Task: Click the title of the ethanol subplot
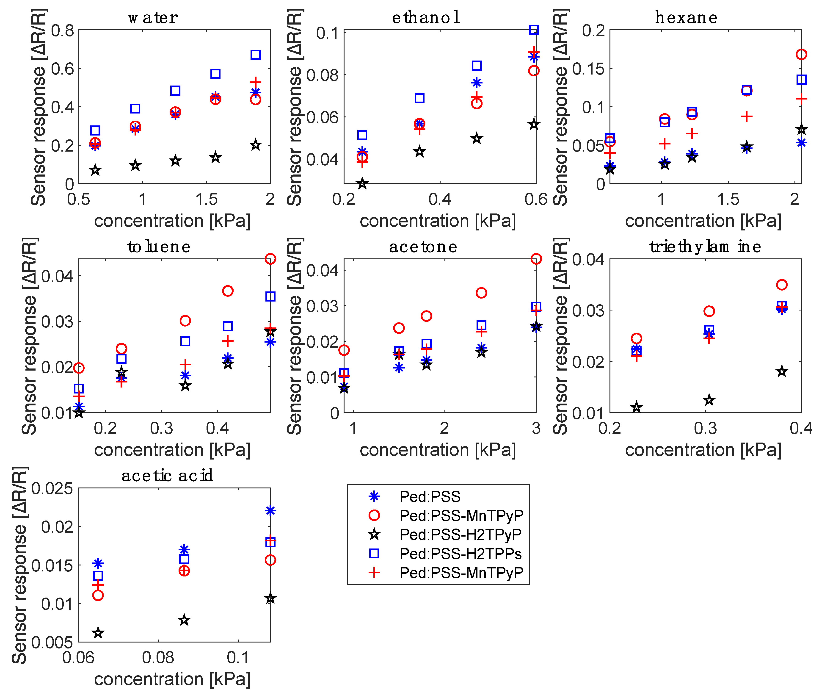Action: [426, 18]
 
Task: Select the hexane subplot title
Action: [686, 18]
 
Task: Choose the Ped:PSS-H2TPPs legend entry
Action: [460, 554]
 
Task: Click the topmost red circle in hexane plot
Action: [801, 55]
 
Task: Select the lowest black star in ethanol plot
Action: [362, 183]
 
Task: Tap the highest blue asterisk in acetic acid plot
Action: [270, 511]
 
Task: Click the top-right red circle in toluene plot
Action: [270, 259]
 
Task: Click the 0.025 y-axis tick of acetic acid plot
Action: [52, 489]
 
